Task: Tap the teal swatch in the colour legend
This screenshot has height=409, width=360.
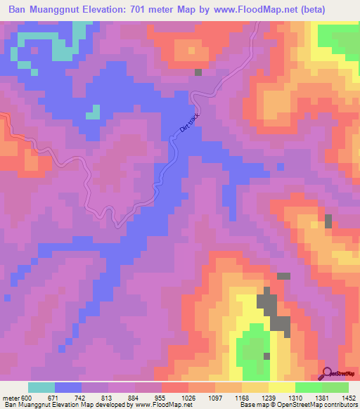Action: click(41, 387)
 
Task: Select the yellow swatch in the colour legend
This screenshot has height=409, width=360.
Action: click(282, 387)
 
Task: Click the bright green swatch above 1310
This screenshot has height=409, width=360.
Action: click(309, 387)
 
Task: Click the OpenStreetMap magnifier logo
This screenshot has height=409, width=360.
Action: click(328, 373)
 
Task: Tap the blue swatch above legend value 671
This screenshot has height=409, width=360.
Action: click(68, 387)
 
